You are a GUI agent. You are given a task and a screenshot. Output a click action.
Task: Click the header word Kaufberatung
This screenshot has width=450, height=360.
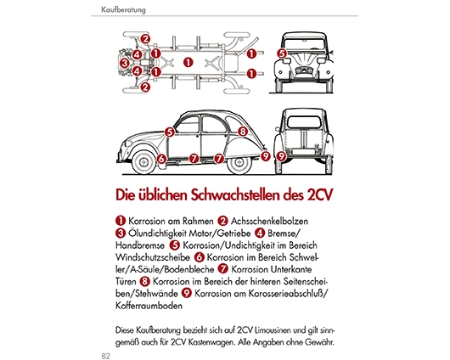(123, 9)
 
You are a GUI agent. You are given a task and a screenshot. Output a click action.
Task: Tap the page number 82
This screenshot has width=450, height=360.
(105, 356)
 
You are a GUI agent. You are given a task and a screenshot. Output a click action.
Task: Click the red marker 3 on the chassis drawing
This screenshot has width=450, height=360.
(125, 63)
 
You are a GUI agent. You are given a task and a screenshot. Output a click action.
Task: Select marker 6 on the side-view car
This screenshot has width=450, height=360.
(161, 159)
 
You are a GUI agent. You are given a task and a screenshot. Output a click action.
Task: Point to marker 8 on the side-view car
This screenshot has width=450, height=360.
(243, 132)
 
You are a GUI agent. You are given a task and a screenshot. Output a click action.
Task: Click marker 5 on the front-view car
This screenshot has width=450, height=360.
(282, 53)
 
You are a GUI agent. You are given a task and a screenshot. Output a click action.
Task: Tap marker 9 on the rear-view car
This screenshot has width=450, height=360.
(281, 156)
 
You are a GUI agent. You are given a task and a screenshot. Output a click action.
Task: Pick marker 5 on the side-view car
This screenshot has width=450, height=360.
(170, 132)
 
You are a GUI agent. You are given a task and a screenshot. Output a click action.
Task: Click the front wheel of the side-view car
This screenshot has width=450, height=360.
(143, 162)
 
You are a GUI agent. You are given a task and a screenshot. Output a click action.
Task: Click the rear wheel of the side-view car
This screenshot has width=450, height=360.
(239, 163)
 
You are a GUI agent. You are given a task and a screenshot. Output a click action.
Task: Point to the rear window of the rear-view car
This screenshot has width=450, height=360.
(304, 122)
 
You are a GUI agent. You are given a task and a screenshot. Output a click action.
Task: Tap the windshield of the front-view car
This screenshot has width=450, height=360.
(304, 43)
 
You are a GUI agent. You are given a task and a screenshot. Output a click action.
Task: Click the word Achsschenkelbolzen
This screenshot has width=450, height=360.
(269, 221)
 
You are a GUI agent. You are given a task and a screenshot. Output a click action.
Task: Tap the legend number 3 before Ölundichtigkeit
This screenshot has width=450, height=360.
(121, 233)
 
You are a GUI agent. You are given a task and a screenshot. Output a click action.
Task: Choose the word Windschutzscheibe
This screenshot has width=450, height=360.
(153, 257)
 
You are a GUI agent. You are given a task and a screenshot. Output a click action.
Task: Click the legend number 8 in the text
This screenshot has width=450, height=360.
(145, 281)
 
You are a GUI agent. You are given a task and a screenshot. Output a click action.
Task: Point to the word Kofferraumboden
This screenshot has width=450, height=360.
(149, 306)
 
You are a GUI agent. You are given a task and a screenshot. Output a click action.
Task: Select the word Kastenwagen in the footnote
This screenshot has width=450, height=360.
(211, 342)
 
